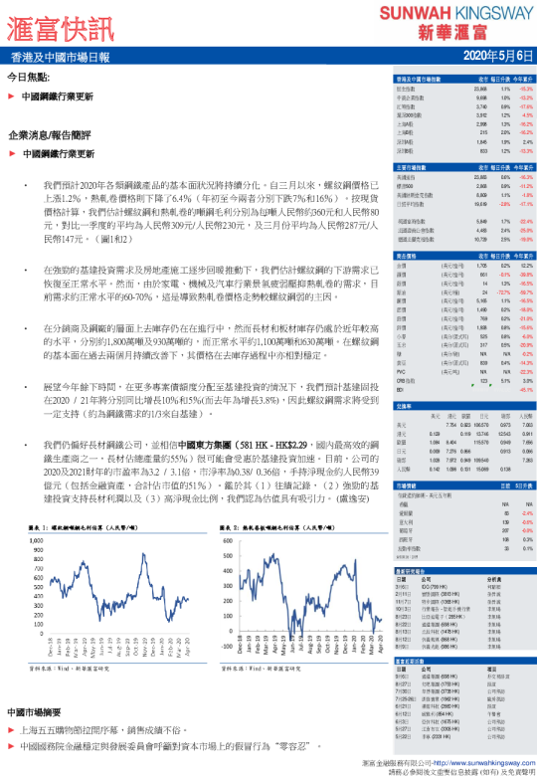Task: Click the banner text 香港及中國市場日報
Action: click(61, 57)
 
